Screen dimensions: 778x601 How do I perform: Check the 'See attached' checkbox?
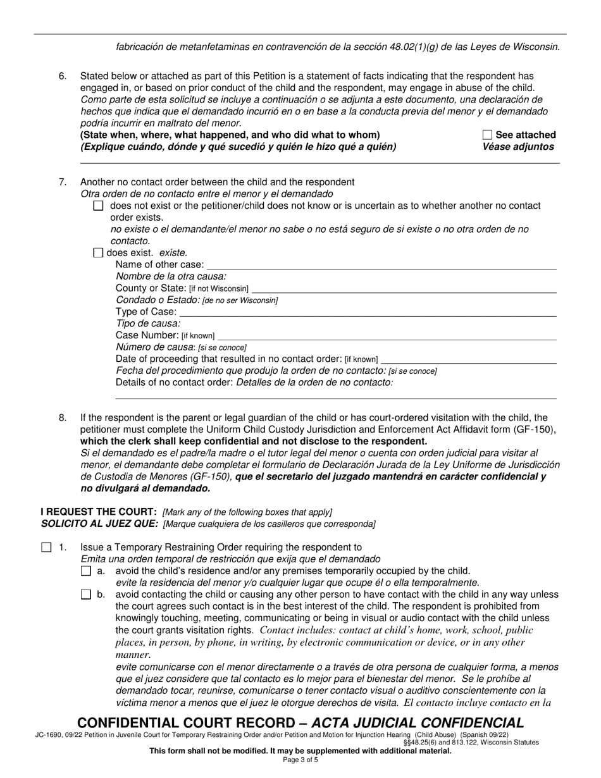487,135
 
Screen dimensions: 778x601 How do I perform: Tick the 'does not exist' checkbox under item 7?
98,206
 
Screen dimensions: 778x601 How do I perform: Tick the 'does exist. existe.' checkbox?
98,253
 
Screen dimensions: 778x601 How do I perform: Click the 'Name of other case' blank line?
381,266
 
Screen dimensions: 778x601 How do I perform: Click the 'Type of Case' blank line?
368,312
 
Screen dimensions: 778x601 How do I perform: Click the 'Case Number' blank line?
387,336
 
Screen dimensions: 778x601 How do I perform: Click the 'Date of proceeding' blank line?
469,359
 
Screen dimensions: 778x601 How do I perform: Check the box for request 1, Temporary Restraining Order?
46,548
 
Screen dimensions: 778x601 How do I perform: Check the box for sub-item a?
87,571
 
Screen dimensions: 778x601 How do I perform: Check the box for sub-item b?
87,595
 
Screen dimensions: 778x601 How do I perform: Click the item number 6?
63,76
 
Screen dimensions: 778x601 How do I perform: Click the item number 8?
63,417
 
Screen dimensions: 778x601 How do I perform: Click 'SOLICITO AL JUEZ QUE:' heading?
99,524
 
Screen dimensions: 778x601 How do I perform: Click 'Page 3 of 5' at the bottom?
300,760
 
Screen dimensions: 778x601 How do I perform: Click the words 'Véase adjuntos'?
518,147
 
